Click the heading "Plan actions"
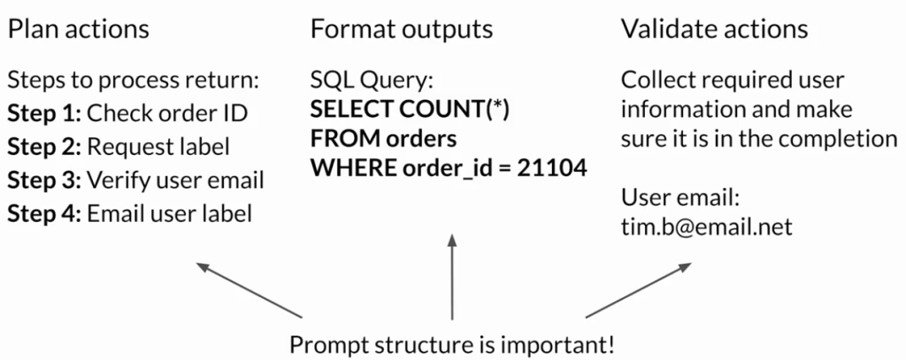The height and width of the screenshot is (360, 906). point(79,29)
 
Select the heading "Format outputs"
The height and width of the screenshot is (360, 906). point(401,29)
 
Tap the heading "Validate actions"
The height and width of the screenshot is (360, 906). point(714,29)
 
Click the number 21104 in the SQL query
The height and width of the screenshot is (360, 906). point(554,168)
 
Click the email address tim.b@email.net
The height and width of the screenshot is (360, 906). point(706,226)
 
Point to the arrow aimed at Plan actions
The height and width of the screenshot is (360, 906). point(249,290)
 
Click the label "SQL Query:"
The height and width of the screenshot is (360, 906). point(372,81)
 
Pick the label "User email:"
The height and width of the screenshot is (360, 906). point(675,197)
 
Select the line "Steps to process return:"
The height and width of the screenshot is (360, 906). point(133,81)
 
